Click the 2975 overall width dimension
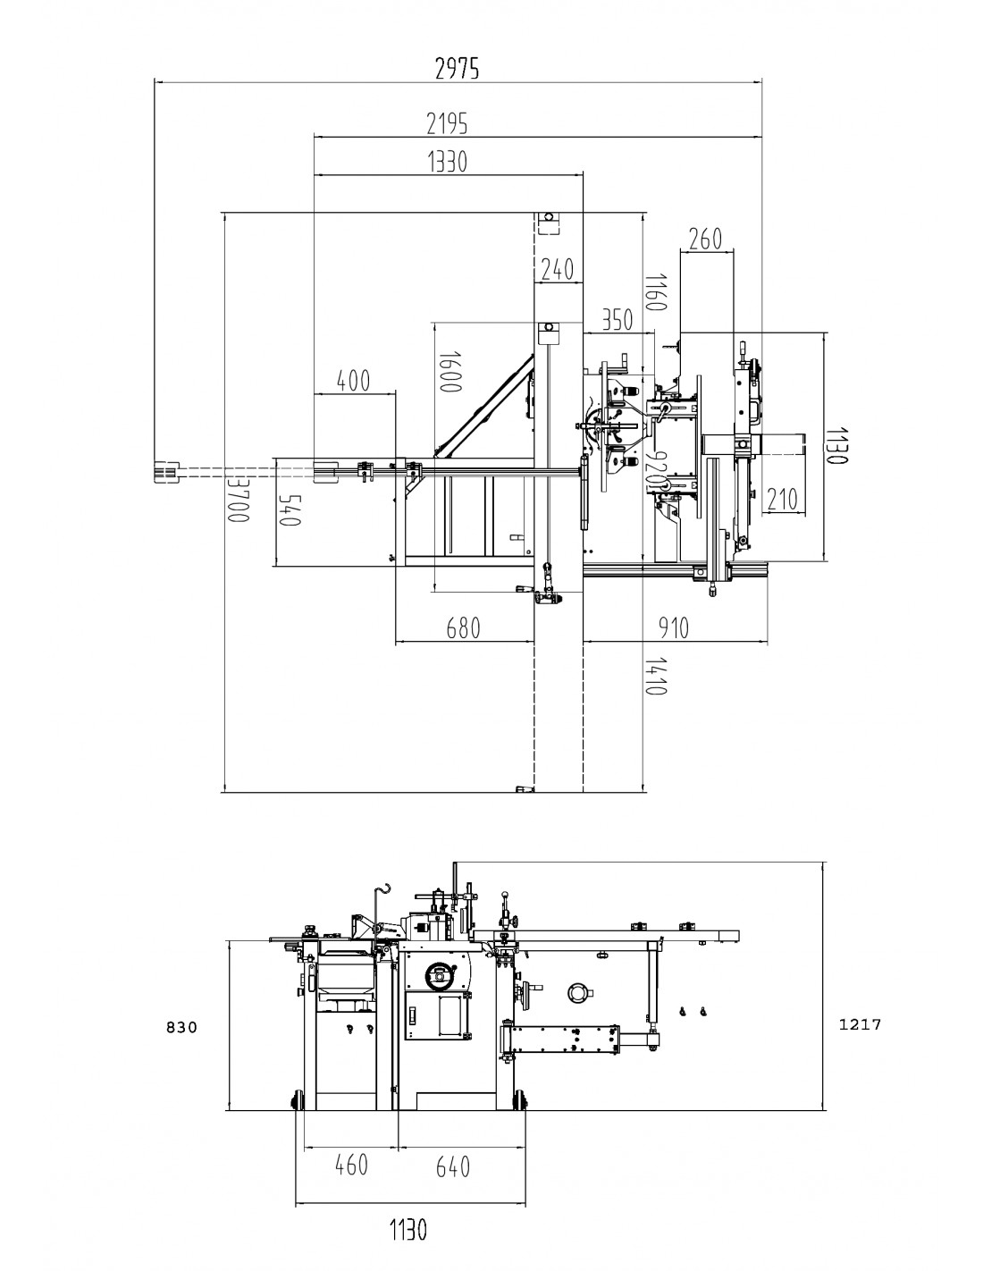click(x=457, y=68)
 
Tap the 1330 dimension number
click(x=448, y=162)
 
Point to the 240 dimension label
click(x=558, y=269)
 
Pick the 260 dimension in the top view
click(x=705, y=239)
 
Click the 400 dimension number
click(x=353, y=381)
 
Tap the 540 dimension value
click(x=289, y=511)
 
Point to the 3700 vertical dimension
click(x=237, y=499)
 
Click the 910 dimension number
click(x=672, y=628)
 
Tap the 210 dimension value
click(x=780, y=499)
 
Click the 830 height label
click(x=180, y=1028)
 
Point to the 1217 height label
click(x=860, y=1024)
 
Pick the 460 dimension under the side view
click(x=350, y=1166)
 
